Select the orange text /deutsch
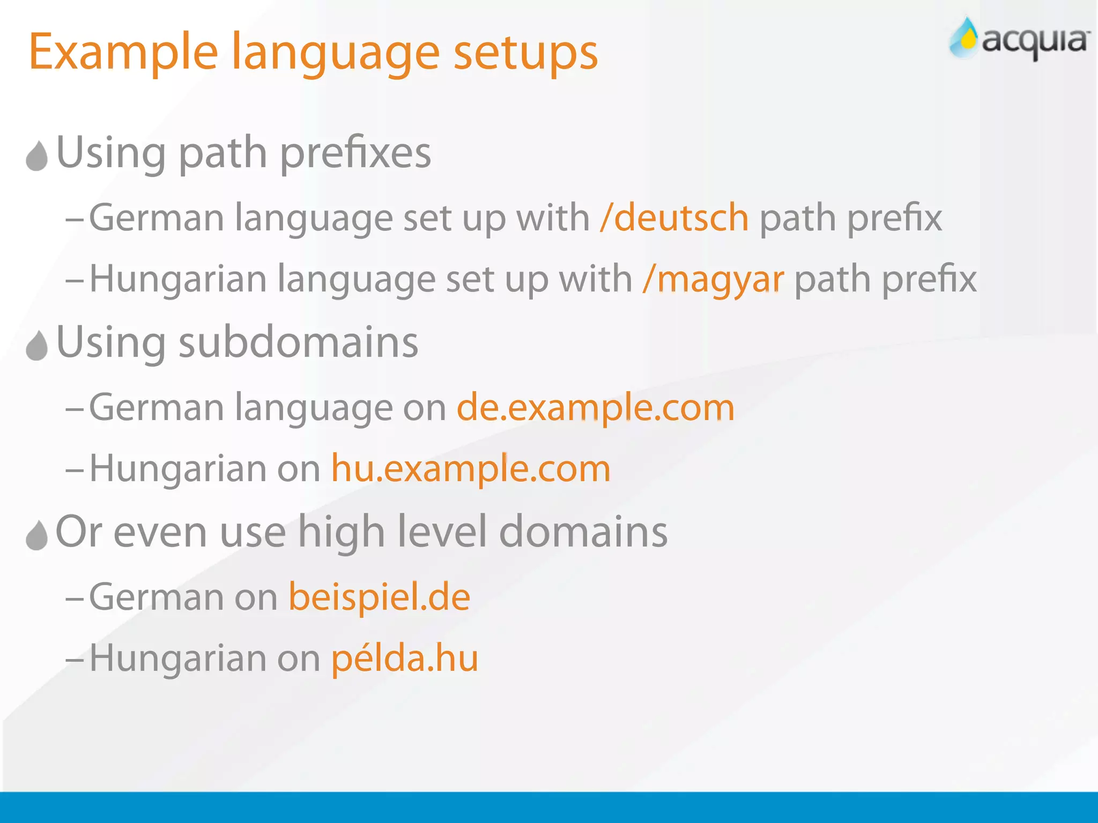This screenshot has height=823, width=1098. click(674, 218)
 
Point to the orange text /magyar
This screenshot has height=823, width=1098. click(713, 279)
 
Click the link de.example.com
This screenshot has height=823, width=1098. click(595, 408)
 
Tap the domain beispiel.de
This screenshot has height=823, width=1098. click(379, 597)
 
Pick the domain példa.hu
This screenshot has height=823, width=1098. click(404, 658)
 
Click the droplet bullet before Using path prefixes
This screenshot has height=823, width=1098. click(37, 156)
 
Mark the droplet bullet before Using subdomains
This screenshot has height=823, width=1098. click(37, 346)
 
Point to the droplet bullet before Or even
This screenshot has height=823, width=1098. click(37, 535)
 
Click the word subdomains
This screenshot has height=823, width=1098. click(298, 342)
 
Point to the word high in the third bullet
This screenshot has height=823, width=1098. click(341, 532)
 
